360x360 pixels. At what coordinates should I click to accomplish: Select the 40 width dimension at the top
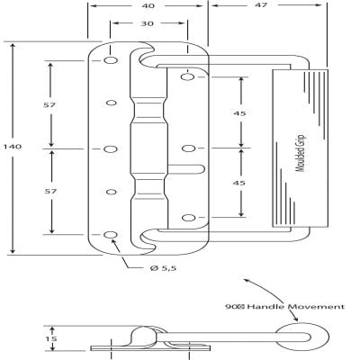point(148,5)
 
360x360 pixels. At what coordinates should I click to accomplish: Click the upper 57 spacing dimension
point(49,105)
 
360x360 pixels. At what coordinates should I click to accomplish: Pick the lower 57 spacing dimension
point(49,191)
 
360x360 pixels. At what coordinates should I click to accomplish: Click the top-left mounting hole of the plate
point(111,62)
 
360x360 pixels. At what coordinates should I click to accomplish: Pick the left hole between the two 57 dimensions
point(111,148)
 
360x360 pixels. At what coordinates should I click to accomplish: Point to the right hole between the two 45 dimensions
point(187,148)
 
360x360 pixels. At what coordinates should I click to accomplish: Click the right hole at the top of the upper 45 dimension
point(187,79)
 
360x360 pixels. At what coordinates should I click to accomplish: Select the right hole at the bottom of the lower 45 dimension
point(187,217)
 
